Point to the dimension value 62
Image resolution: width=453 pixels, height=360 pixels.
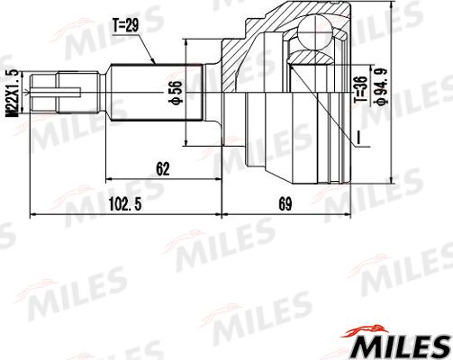click(x=162, y=166)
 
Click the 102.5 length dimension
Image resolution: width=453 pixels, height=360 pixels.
click(x=126, y=206)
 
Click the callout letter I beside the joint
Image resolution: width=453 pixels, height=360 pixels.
click(x=358, y=136)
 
